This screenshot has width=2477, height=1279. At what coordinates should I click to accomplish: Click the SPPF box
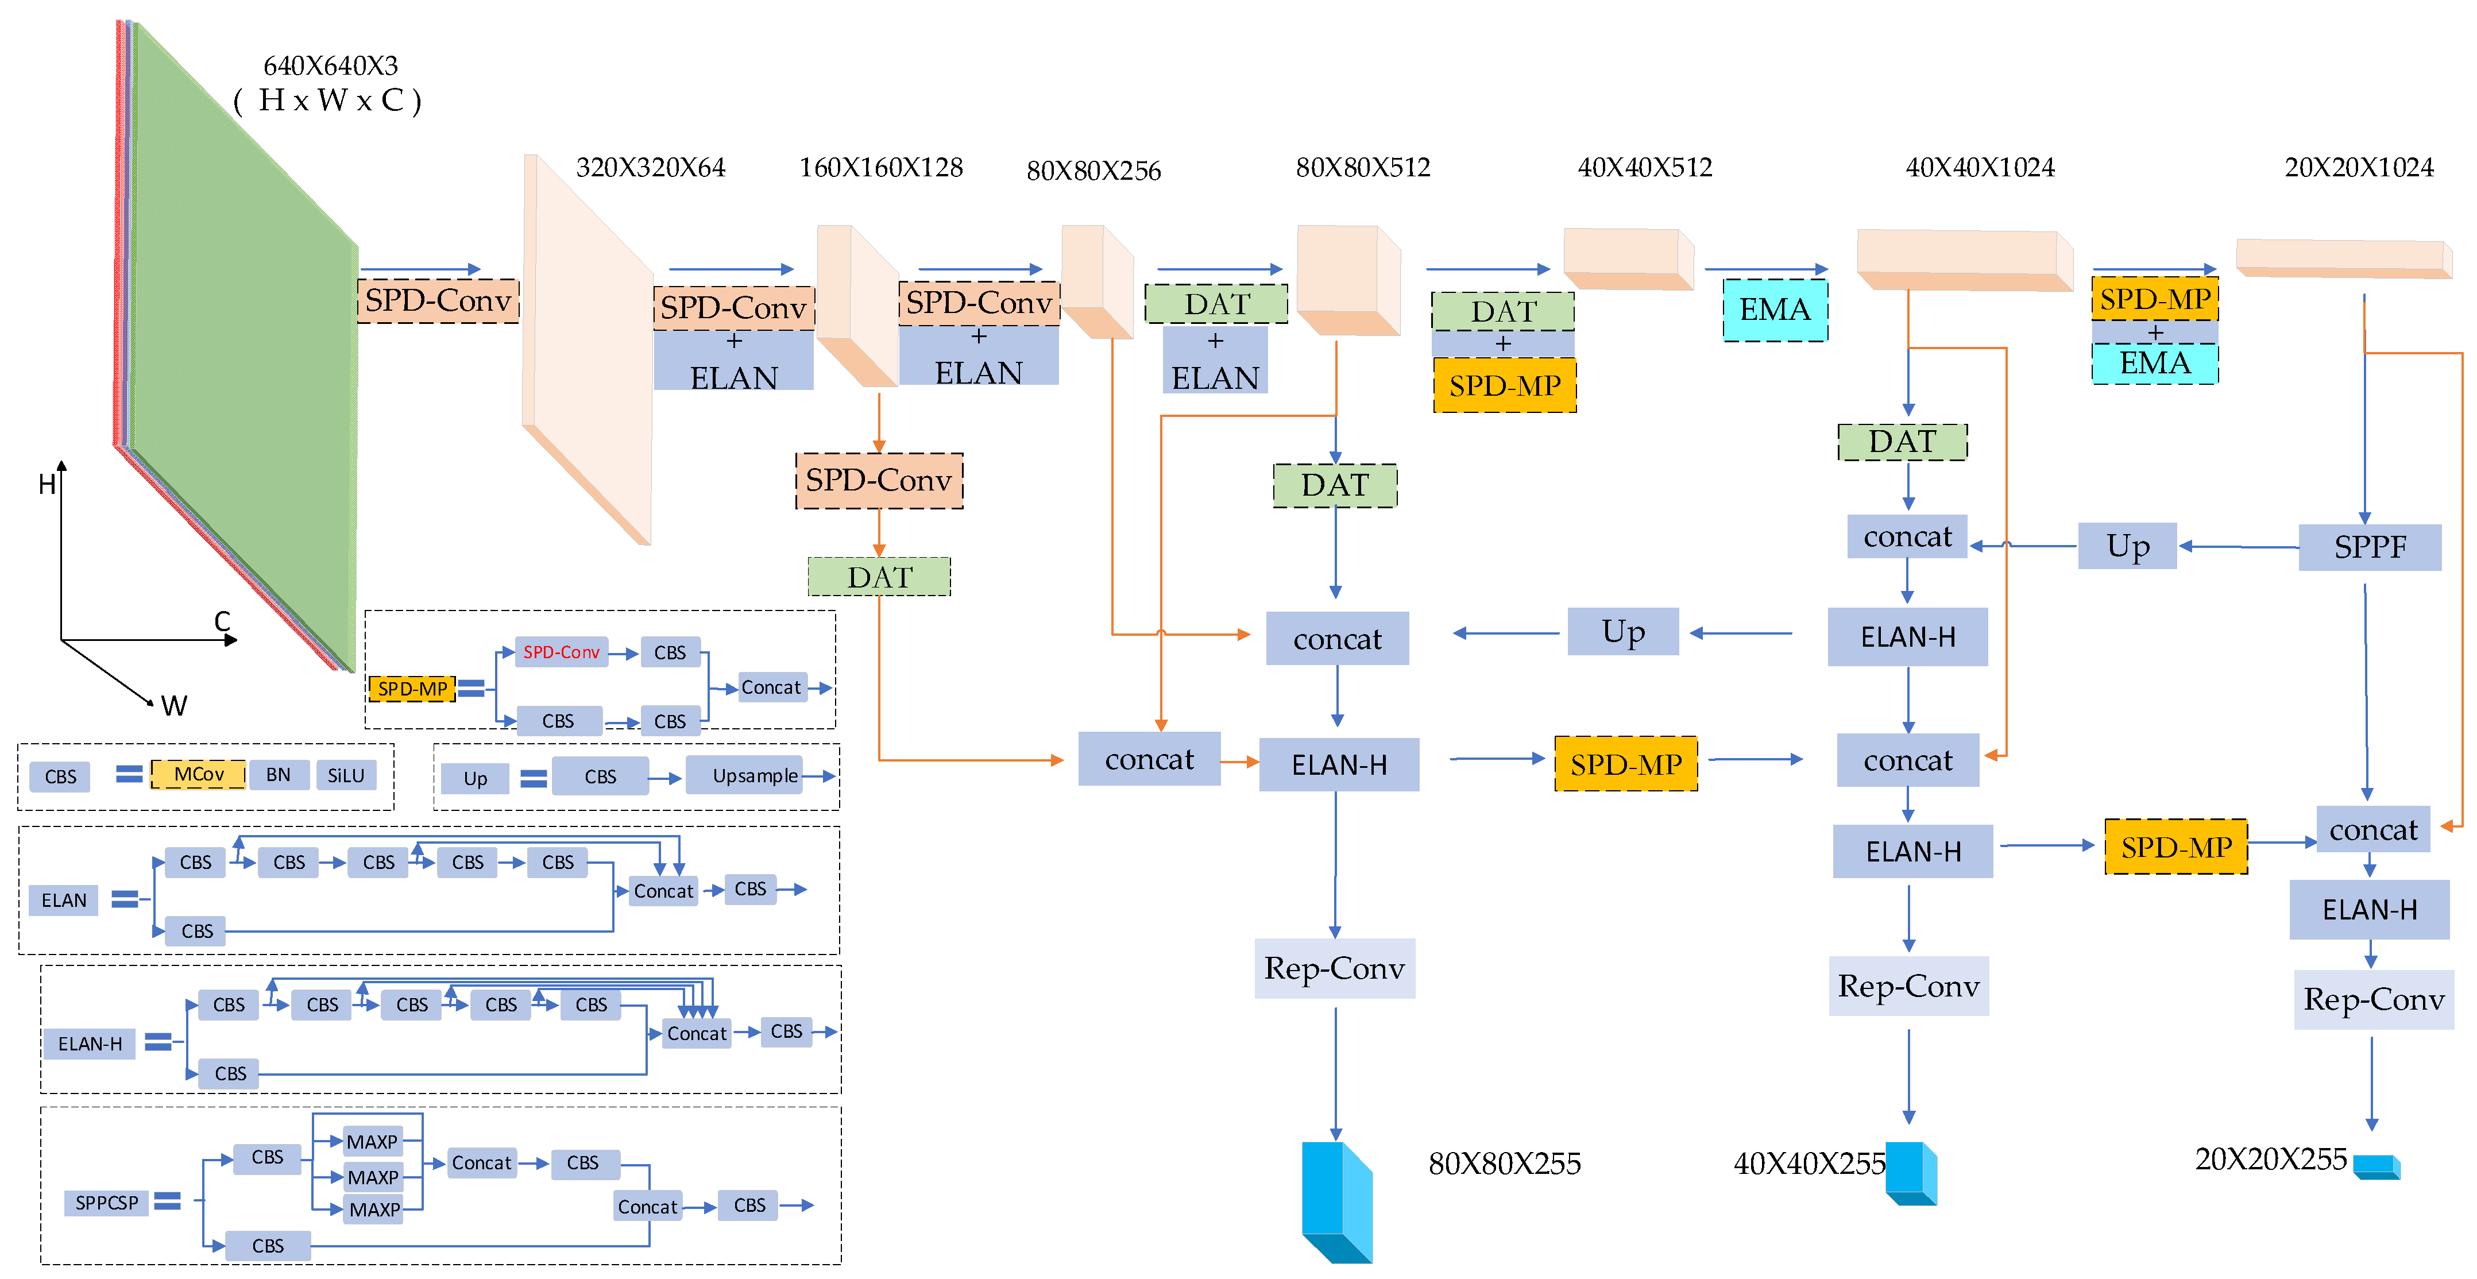click(2369, 547)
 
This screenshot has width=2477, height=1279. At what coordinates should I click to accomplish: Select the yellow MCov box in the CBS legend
click(198, 774)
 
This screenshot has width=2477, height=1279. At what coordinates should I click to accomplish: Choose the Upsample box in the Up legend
click(755, 775)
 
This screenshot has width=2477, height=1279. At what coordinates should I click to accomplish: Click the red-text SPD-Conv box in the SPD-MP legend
click(562, 652)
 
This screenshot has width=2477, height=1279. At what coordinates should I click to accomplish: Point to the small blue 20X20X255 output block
click(2376, 1166)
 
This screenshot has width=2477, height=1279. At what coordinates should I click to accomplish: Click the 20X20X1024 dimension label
click(2359, 167)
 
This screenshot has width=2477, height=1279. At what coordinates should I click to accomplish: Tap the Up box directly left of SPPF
click(2127, 546)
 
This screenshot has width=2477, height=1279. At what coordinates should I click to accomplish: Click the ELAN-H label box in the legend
click(90, 1044)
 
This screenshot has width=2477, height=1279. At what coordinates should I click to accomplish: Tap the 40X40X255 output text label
click(1809, 1164)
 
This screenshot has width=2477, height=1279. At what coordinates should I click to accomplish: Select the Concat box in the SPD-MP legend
click(770, 687)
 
